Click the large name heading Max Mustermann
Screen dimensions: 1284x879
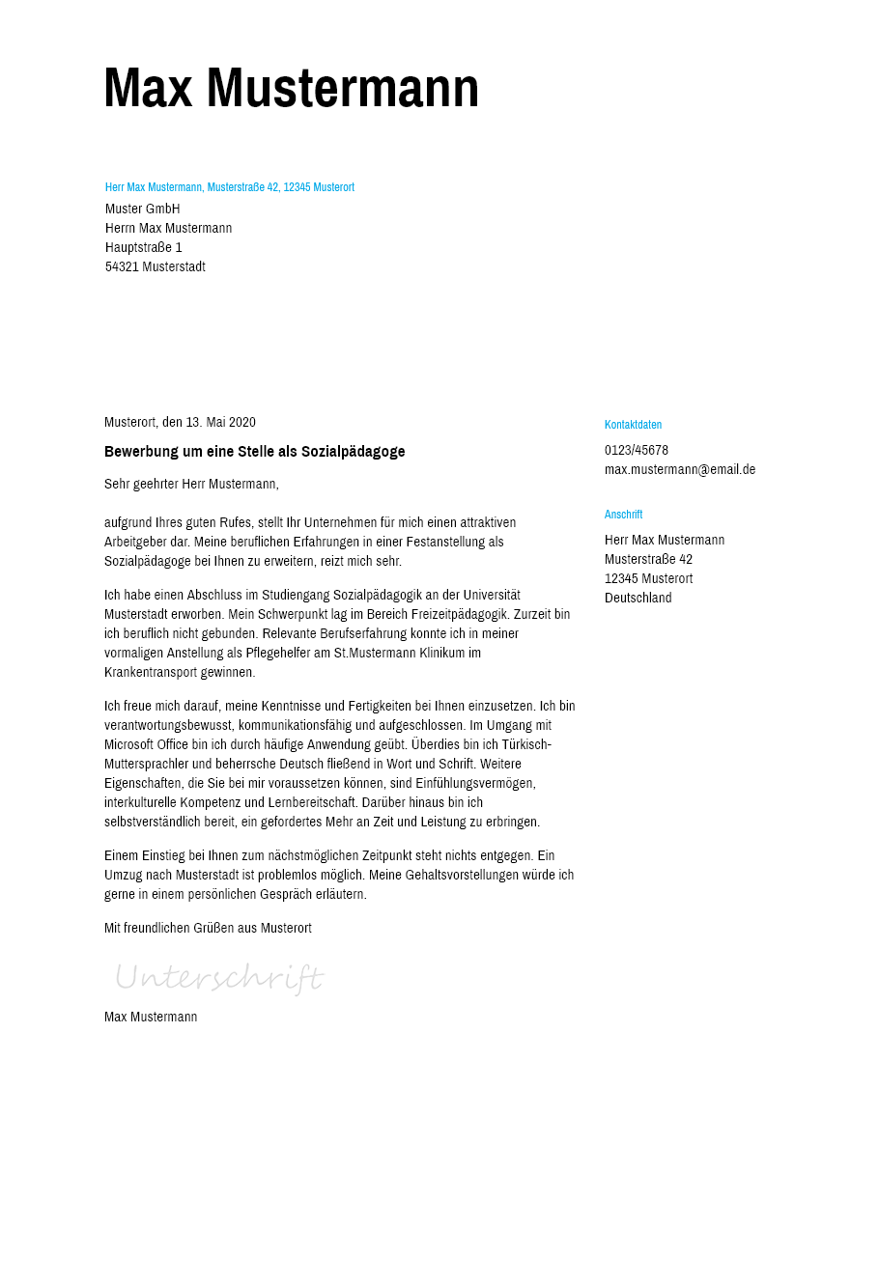[291, 88]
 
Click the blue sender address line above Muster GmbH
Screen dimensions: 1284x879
[229, 187]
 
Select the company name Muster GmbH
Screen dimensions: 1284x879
[143, 209]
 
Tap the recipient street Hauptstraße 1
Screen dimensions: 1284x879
[144, 247]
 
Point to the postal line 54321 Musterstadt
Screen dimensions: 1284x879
[156, 266]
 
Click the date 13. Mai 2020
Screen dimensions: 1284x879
[220, 422]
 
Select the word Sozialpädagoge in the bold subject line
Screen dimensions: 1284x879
[353, 451]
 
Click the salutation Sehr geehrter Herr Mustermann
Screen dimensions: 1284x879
[191, 484]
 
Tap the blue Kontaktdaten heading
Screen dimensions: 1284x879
[633, 425]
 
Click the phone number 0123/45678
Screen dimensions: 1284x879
[637, 450]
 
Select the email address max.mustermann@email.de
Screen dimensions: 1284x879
[680, 469]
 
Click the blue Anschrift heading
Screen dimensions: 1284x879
[623, 515]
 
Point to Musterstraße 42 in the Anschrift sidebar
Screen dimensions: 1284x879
[648, 559]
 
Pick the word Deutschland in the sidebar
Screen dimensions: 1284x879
[638, 598]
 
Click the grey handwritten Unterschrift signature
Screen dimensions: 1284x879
[219, 977]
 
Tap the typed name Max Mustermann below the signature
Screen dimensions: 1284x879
[151, 1017]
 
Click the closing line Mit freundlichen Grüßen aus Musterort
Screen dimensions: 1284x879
[208, 928]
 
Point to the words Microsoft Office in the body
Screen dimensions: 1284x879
[146, 744]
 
